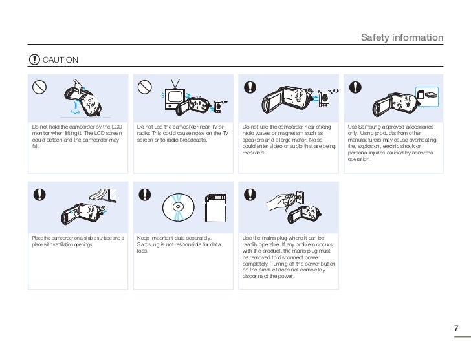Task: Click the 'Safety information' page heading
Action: coord(402,37)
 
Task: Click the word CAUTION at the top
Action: coord(60,60)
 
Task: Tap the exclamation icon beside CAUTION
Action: coord(34,60)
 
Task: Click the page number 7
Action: coord(456,328)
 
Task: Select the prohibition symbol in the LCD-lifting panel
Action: coord(40,87)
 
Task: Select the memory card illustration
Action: coord(214,206)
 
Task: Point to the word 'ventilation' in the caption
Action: coord(77,245)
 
